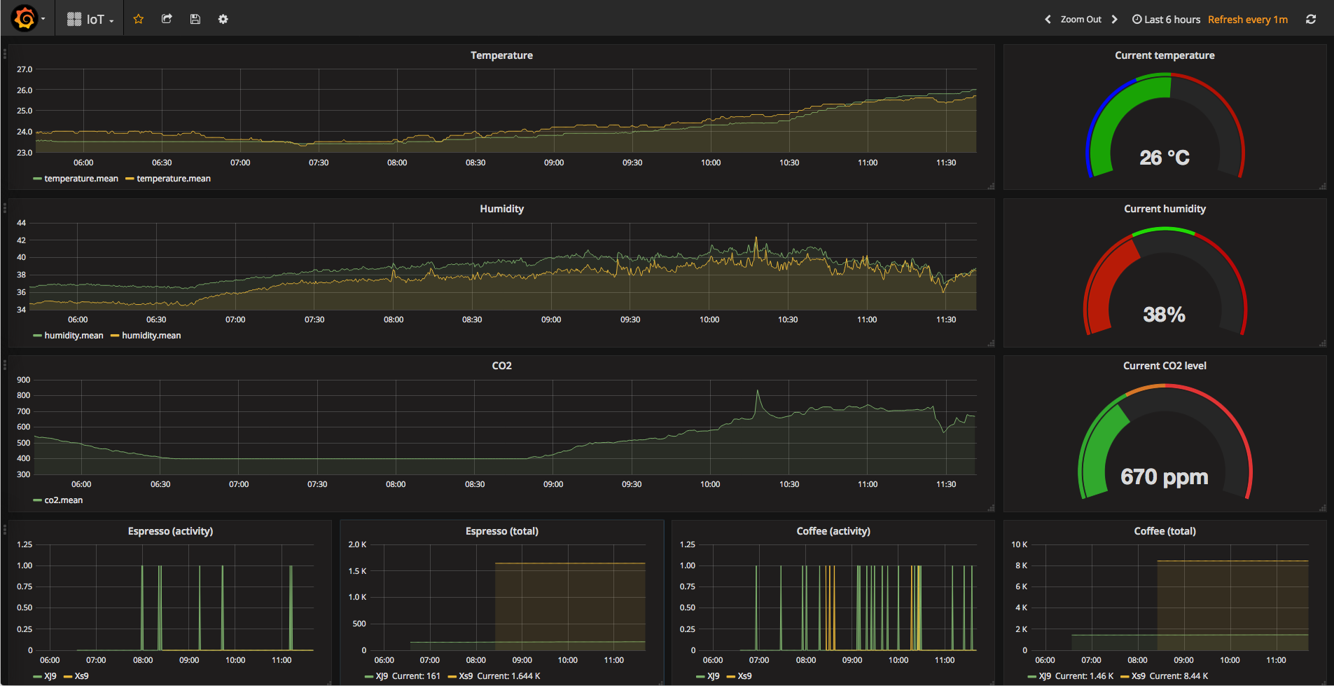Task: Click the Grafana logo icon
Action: (x=25, y=19)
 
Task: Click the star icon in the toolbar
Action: (x=139, y=19)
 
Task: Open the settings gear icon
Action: (x=223, y=19)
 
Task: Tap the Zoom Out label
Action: (x=1081, y=20)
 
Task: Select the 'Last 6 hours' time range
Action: (x=1167, y=20)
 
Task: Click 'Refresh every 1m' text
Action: (x=1247, y=20)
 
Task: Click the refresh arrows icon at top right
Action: (x=1311, y=20)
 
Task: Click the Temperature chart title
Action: (x=501, y=55)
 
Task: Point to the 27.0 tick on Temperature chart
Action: (x=25, y=69)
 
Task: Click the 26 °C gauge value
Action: (x=1164, y=158)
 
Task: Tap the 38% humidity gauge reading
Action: (x=1164, y=315)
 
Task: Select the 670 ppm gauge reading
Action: (x=1164, y=477)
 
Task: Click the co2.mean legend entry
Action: (x=63, y=500)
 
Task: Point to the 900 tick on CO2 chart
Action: (x=24, y=380)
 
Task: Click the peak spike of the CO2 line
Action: (x=758, y=392)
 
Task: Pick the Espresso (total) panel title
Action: (x=501, y=531)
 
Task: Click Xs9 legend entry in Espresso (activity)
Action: (x=81, y=676)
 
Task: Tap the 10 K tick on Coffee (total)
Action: (x=1019, y=544)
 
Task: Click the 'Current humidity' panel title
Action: (x=1165, y=209)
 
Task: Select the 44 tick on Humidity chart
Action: (x=22, y=223)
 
